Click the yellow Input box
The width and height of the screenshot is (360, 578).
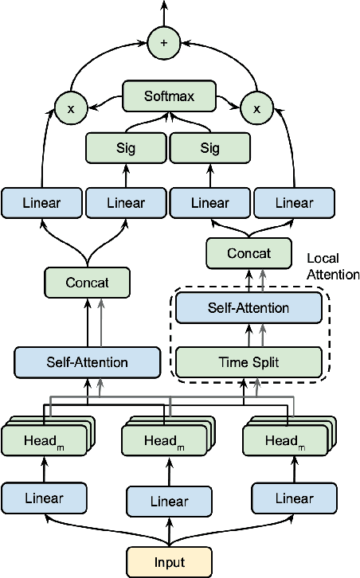click(169, 561)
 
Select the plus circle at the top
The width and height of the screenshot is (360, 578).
click(165, 44)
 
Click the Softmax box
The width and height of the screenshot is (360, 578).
click(168, 97)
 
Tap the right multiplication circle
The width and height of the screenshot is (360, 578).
click(256, 107)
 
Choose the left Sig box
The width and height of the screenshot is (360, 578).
click(126, 148)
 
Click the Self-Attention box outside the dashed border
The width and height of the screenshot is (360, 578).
click(82, 362)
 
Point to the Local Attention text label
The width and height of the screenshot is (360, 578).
click(333, 266)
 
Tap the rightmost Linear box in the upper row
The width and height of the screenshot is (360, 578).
click(293, 202)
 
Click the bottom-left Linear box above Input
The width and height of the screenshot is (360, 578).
click(44, 498)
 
